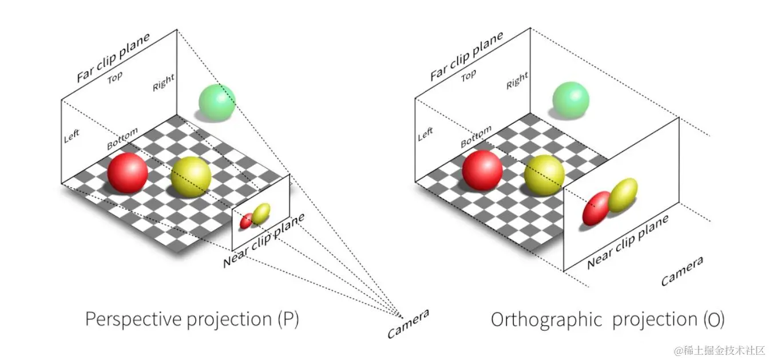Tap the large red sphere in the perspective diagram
click(x=128, y=172)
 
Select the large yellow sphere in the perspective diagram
click(x=191, y=177)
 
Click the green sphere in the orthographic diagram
click(x=570, y=100)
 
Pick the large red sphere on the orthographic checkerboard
click(x=482, y=170)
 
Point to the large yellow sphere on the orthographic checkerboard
click(x=544, y=174)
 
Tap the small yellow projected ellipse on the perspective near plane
click(x=261, y=213)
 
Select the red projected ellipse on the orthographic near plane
click(x=596, y=208)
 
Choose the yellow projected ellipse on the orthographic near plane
click(x=623, y=195)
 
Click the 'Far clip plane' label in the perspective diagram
click(x=113, y=58)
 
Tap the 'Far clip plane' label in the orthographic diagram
click(x=466, y=56)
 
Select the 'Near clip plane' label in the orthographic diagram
click(x=628, y=242)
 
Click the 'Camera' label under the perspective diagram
click(x=408, y=324)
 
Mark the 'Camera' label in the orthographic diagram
click(x=682, y=271)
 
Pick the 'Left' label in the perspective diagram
click(x=72, y=136)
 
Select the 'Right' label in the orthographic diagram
click(x=517, y=81)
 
